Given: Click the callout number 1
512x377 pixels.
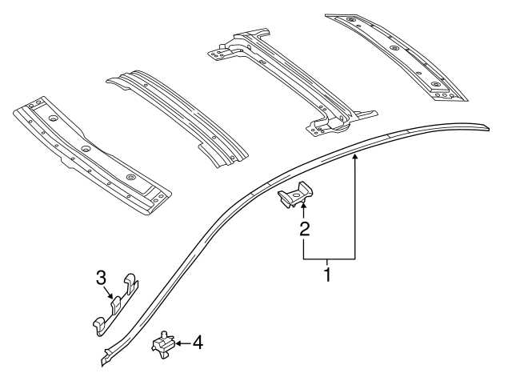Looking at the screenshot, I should pyautogui.click(x=326, y=275).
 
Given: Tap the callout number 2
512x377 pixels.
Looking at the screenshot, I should pyautogui.click(x=303, y=230).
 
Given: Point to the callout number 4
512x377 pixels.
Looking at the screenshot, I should pyautogui.click(x=197, y=343).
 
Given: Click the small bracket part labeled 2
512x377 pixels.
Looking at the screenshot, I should pyautogui.click(x=297, y=196).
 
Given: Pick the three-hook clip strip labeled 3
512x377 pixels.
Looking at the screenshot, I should pyautogui.click(x=114, y=307).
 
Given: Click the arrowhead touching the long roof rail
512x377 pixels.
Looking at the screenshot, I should pyautogui.click(x=355, y=159).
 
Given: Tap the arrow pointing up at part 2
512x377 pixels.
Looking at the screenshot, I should pyautogui.click(x=303, y=211).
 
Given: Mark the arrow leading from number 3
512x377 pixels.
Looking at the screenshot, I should pyautogui.click(x=110, y=292).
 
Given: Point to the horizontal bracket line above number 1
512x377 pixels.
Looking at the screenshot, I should pyautogui.click(x=329, y=259).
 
